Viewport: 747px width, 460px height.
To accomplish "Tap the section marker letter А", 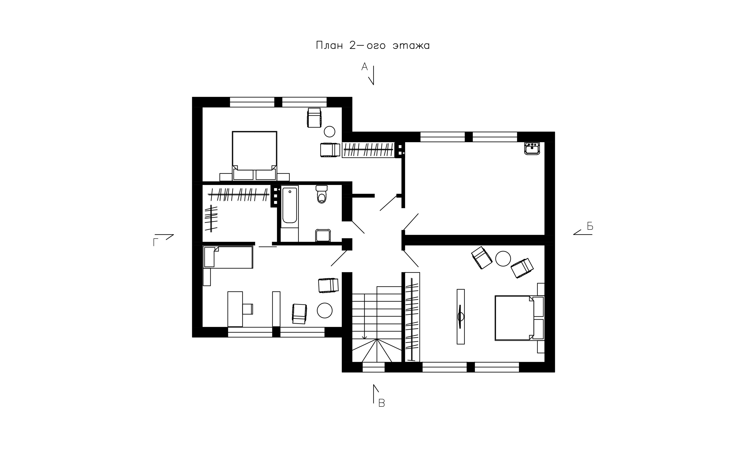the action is point(364,66).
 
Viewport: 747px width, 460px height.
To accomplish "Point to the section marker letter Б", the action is point(590,226).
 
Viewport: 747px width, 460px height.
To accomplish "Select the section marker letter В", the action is point(382,403).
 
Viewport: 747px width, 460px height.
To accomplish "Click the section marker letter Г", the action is point(156,242).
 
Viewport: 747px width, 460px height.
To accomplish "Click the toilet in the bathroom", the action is point(321,194).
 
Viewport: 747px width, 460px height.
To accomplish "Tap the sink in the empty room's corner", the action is point(532,149).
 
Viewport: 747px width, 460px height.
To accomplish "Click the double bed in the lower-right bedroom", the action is point(519,318).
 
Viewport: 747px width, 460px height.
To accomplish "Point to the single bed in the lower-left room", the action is point(228,257).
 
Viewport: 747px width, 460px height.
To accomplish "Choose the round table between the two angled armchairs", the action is point(503,259).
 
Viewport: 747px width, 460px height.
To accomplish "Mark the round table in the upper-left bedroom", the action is point(329,132).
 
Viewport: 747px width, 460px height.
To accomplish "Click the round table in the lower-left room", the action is point(325,310).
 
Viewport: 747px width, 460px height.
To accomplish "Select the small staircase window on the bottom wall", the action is point(373,367).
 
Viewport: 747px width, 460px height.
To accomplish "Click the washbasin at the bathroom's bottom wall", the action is point(323,235).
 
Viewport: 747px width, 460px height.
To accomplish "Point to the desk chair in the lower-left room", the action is point(247,309).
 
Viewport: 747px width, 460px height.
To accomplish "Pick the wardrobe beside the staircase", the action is point(413,317).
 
